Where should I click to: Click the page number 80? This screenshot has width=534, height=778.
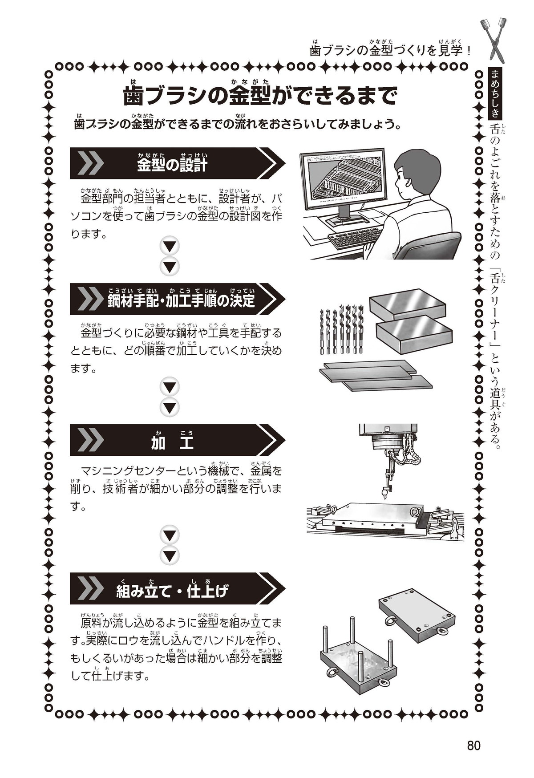(473, 746)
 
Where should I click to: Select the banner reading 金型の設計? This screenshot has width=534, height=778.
(177, 163)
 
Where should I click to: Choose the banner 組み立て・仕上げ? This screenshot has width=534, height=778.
(177, 588)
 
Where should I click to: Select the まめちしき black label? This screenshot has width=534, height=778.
(494, 94)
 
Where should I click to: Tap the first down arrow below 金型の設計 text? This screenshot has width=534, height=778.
(170, 246)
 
